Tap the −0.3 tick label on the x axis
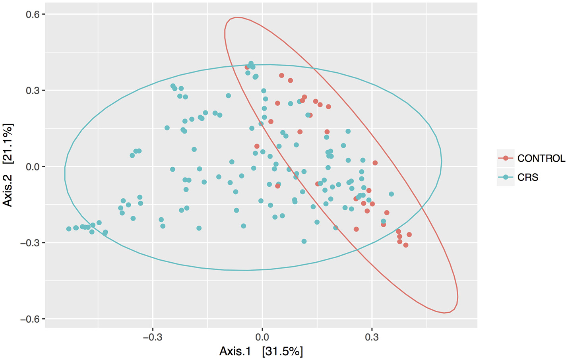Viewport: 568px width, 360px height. (x=152, y=337)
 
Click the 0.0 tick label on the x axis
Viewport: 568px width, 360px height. (x=262, y=337)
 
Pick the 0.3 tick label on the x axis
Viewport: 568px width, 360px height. (x=372, y=337)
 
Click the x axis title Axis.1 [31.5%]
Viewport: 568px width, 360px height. (x=261, y=351)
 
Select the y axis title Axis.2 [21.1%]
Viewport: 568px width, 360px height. (x=8, y=165)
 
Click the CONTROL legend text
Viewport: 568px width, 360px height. (x=541, y=159)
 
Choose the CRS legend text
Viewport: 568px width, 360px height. (x=527, y=177)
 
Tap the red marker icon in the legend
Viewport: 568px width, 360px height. (x=506, y=158)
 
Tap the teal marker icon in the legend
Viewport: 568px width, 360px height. (x=506, y=177)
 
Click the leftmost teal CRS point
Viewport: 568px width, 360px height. (x=69, y=229)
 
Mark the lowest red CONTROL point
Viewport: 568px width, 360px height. (x=405, y=245)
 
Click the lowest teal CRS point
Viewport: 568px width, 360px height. (x=304, y=241)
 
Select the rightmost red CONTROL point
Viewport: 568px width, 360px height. (x=409, y=235)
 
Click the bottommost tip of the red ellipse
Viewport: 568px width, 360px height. (x=444, y=313)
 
